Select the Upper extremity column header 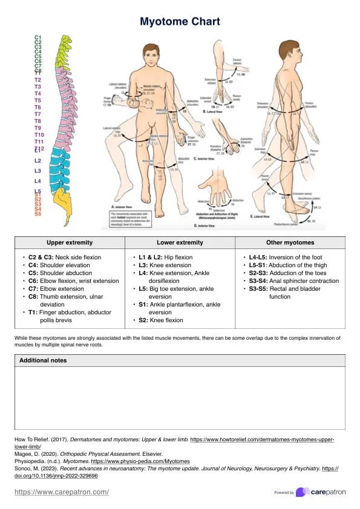[70, 242]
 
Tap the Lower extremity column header [180, 242]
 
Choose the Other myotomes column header [290, 242]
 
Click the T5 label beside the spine [38, 100]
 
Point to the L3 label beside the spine [38, 171]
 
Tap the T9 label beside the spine [38, 128]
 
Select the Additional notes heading [43, 360]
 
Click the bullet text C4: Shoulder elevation [58, 265]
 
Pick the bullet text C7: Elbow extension [58, 289]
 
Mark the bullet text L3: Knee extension [165, 265]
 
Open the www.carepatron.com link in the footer [62, 492]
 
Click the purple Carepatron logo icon [300, 492]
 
